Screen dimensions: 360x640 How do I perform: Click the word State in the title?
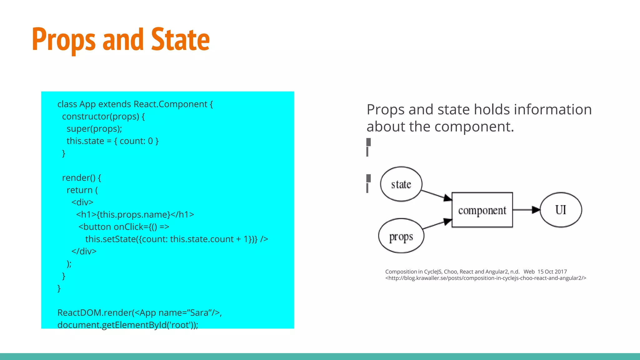pyautogui.click(x=180, y=40)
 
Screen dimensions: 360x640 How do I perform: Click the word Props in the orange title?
pyautogui.click(x=63, y=40)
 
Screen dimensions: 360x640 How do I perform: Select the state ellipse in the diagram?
pyautogui.click(x=401, y=184)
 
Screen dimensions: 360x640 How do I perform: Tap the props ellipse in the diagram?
pyautogui.click(x=401, y=236)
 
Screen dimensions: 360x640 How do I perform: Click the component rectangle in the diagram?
pyautogui.click(x=482, y=210)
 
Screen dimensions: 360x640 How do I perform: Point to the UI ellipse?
pyautogui.click(x=561, y=210)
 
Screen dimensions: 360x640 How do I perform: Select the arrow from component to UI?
pyautogui.click(x=526, y=210)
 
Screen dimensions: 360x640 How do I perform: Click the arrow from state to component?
pyautogui.click(x=436, y=195)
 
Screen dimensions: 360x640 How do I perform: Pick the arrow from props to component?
pyautogui.click(x=437, y=224)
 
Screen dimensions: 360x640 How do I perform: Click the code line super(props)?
pyautogui.click(x=94, y=129)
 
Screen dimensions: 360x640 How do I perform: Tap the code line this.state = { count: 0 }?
pyautogui.click(x=112, y=141)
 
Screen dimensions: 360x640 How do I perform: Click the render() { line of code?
pyautogui.click(x=82, y=178)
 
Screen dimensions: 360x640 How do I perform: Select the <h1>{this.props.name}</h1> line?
pyautogui.click(x=135, y=215)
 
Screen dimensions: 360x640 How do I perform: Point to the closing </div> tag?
pyautogui.click(x=84, y=251)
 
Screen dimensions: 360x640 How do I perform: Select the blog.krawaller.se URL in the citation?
pyautogui.click(x=486, y=278)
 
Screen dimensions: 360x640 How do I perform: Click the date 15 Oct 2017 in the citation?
pyautogui.click(x=552, y=272)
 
